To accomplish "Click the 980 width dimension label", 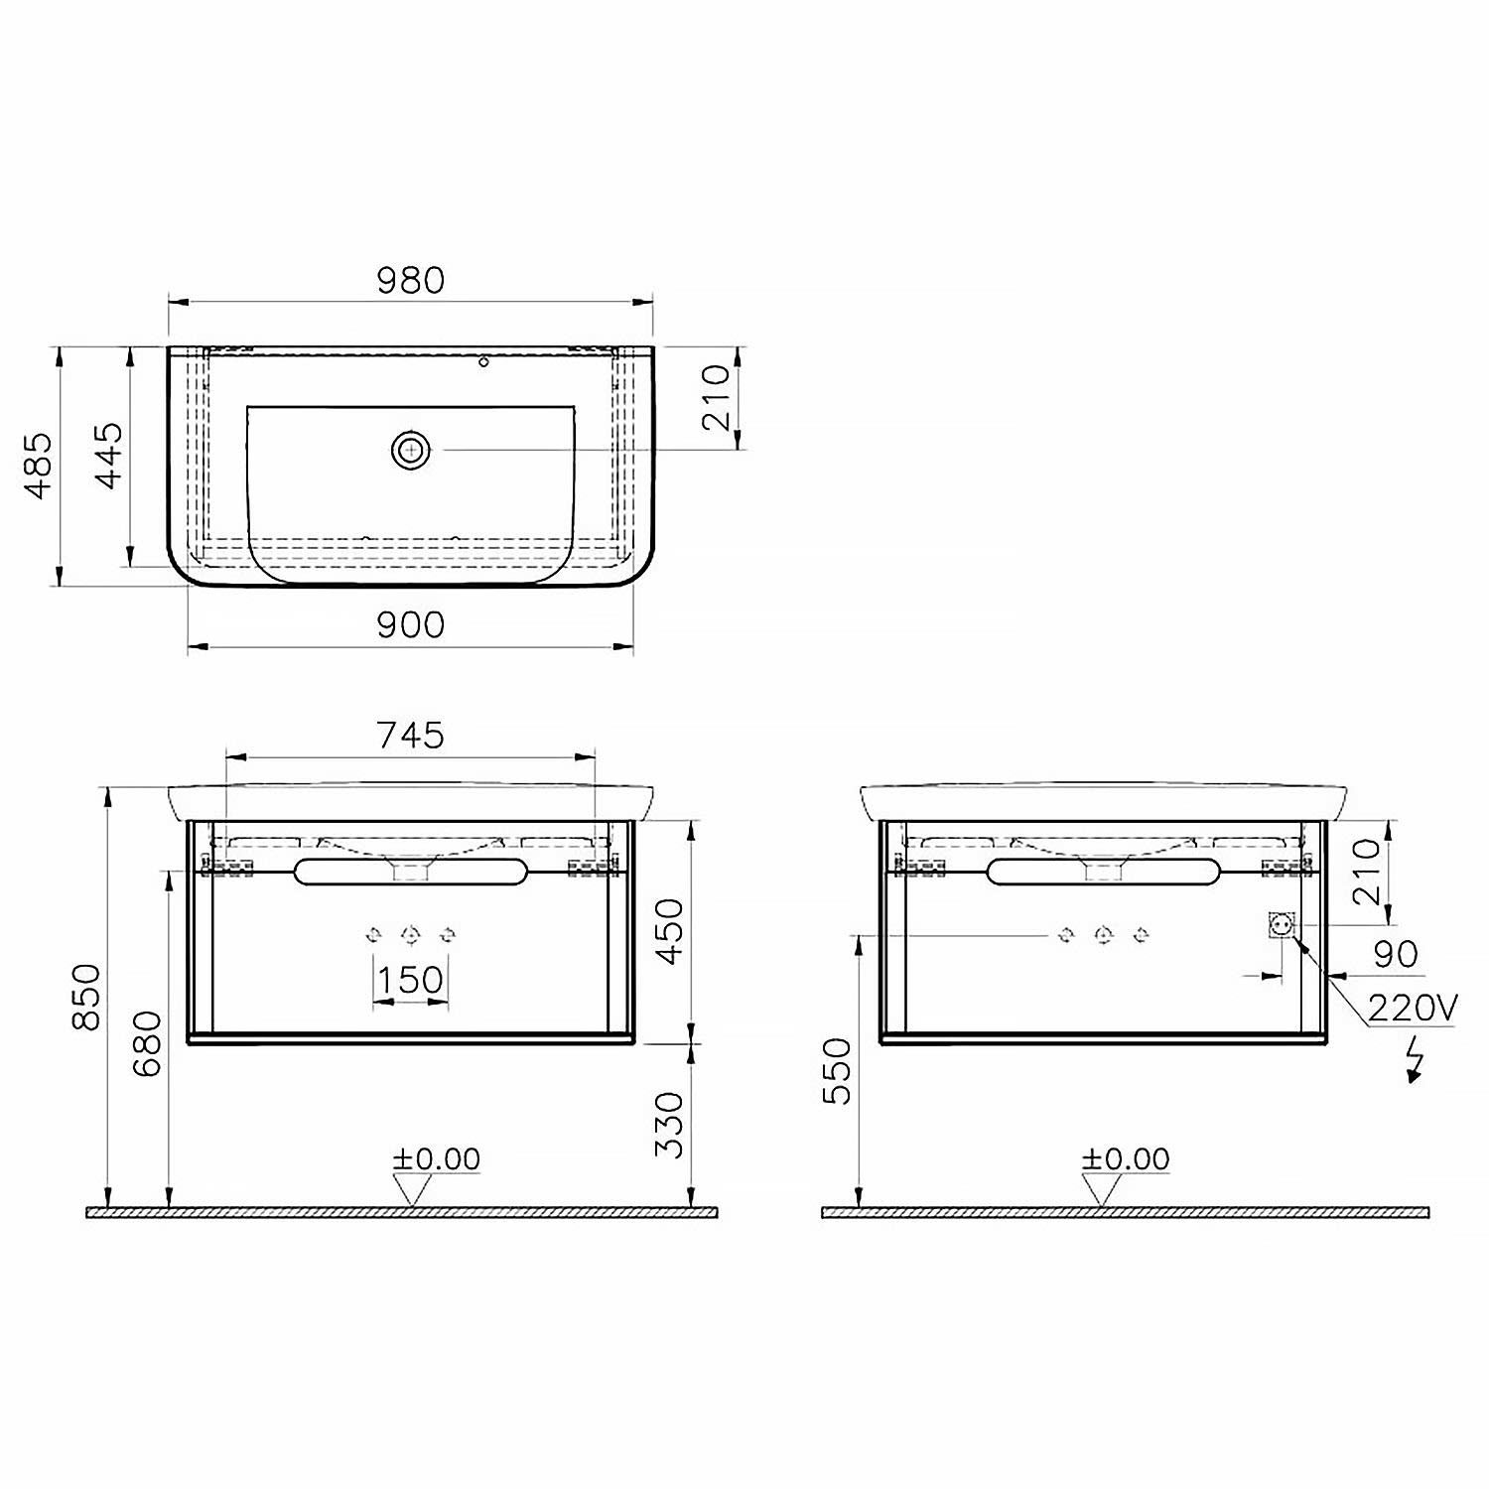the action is click(411, 280).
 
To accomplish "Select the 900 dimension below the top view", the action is click(411, 624).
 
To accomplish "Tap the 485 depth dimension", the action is click(38, 465).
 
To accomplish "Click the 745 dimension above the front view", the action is click(411, 735).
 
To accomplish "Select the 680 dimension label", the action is click(147, 1043).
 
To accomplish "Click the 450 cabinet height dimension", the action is click(671, 931).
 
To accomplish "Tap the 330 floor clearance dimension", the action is click(671, 1125).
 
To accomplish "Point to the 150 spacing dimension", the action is click(410, 980).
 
